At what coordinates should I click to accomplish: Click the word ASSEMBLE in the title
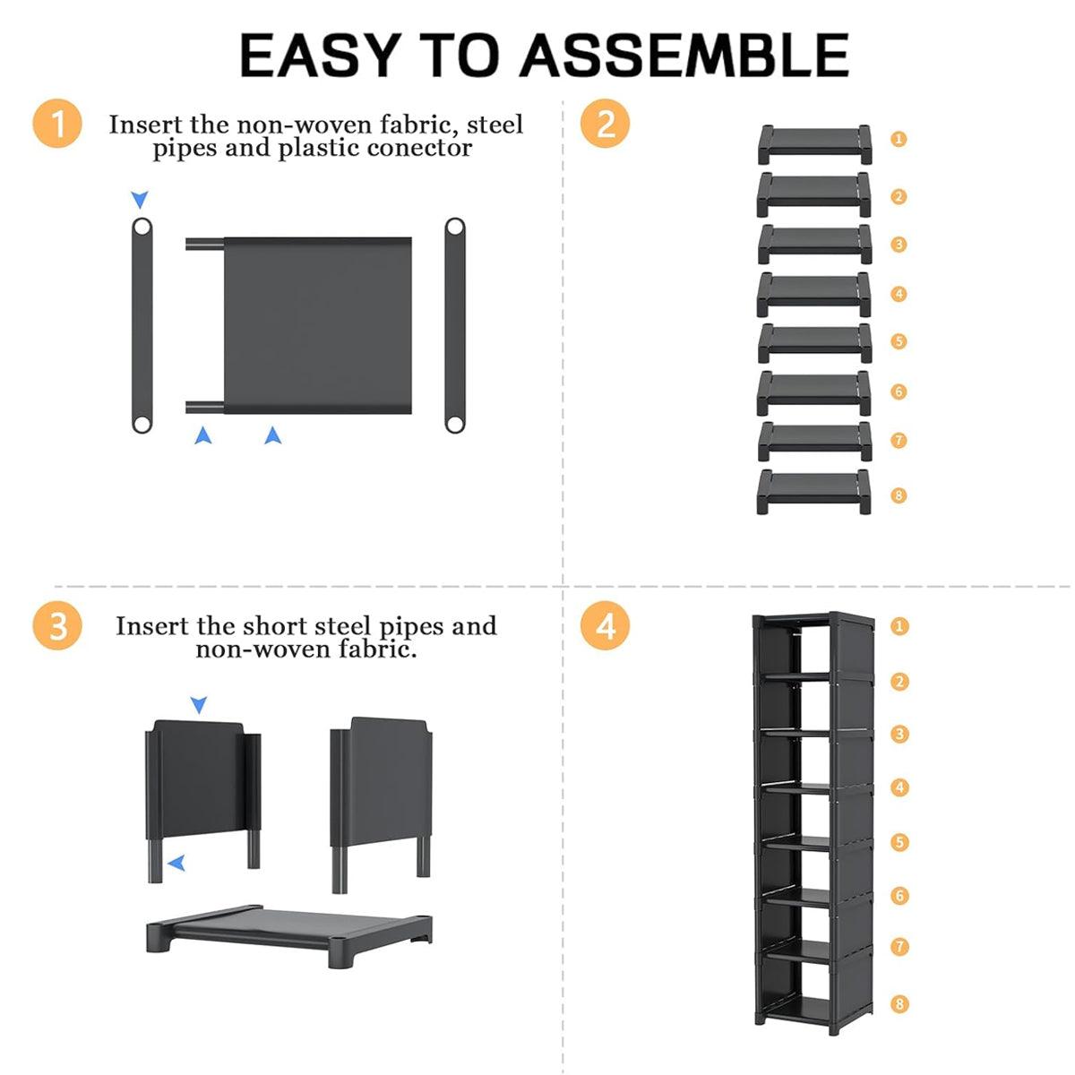pyautogui.click(x=684, y=55)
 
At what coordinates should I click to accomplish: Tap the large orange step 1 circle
pyautogui.click(x=57, y=124)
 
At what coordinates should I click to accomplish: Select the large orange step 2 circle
pyautogui.click(x=605, y=124)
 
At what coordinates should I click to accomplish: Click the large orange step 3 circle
pyautogui.click(x=57, y=625)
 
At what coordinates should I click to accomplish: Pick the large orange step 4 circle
pyautogui.click(x=605, y=625)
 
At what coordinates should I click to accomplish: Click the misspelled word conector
pyautogui.click(x=419, y=149)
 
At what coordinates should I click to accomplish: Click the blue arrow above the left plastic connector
pyautogui.click(x=140, y=199)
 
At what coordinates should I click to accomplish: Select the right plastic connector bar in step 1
pyautogui.click(x=455, y=325)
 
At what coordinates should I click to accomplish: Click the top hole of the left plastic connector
pyautogui.click(x=142, y=228)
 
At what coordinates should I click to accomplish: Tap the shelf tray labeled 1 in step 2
pyautogui.click(x=814, y=144)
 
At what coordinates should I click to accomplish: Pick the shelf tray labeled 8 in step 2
pyautogui.click(x=813, y=492)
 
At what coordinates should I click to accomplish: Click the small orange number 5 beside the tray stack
pyautogui.click(x=899, y=340)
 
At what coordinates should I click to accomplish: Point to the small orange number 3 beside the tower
pyautogui.click(x=899, y=733)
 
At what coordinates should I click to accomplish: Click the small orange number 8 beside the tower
pyautogui.click(x=899, y=1004)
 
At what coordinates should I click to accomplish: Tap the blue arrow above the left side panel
pyautogui.click(x=199, y=705)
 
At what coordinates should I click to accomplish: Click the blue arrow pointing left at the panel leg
pyautogui.click(x=176, y=863)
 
